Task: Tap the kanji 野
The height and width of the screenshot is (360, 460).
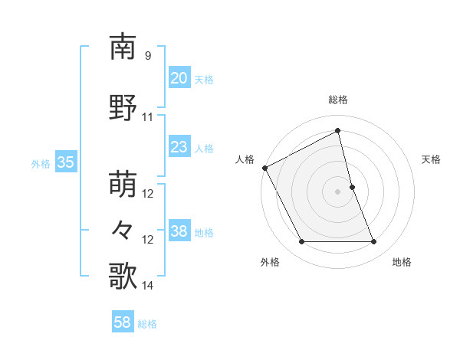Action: (123, 108)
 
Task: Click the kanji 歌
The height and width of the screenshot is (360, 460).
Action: (123, 276)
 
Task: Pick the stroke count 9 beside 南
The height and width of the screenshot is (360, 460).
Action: (147, 56)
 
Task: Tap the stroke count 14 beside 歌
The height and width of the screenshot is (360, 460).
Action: (148, 286)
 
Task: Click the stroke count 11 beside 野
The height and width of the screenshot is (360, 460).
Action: (148, 117)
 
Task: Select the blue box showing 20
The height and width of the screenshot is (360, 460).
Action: (179, 78)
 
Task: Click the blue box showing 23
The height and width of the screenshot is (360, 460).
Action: (179, 147)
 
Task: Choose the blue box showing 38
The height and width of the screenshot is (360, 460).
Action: (179, 231)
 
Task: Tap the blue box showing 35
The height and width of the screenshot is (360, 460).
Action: (65, 162)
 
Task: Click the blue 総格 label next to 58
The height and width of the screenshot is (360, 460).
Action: (148, 324)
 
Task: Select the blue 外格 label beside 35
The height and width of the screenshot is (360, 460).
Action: (41, 163)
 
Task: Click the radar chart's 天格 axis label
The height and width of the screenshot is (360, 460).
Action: (432, 159)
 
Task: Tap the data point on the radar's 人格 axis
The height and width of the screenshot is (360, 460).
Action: (264, 168)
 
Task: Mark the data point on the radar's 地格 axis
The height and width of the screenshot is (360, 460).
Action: (374, 242)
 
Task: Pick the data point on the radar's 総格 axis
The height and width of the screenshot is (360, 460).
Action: (337, 130)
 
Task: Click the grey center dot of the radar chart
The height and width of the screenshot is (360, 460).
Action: (337, 191)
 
